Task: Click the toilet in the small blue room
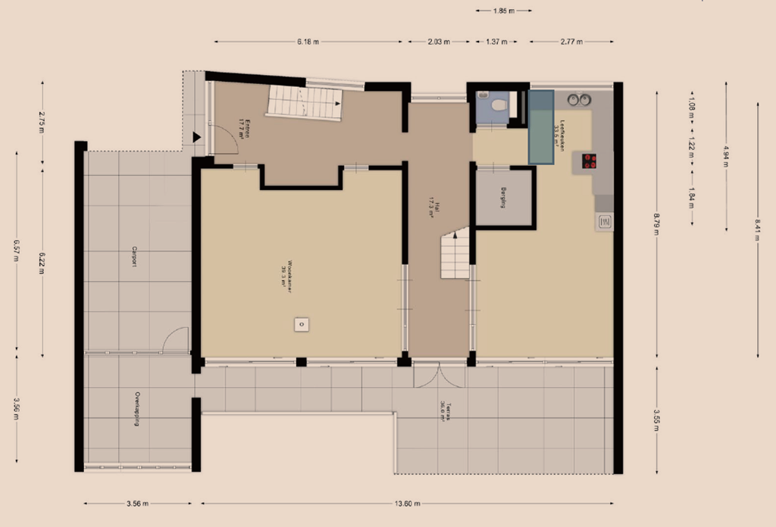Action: [x=498, y=106]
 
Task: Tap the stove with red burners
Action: [x=589, y=161]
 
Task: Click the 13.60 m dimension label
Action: [x=408, y=504]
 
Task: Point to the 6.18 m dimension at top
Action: [x=308, y=42]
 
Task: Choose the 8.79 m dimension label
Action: [x=656, y=225]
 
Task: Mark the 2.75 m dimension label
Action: [x=42, y=123]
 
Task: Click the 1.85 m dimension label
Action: [x=503, y=11]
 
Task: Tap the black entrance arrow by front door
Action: [x=196, y=138]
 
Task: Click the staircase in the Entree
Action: [x=305, y=101]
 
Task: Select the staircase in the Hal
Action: [x=455, y=255]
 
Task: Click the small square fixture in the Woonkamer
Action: [x=301, y=324]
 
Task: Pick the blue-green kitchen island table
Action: [x=541, y=126]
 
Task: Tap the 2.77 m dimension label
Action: [x=571, y=42]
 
